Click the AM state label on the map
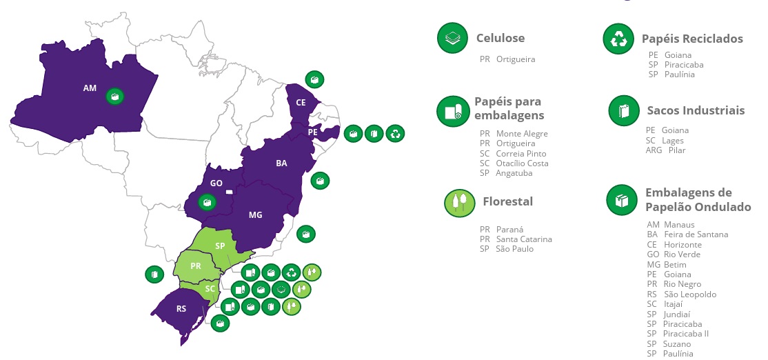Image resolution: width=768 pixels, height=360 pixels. point(90,88)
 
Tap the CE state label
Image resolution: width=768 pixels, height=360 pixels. point(301,102)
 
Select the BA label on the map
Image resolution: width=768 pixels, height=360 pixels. point(281,163)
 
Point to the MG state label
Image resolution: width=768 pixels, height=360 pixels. point(255,215)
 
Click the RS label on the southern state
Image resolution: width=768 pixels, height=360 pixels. point(181,308)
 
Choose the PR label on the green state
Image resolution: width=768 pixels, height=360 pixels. point(196,266)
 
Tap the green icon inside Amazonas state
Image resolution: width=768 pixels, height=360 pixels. point(116,97)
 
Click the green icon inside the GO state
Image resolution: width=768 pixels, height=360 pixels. point(206,203)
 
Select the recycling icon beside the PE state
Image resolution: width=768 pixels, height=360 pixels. point(395,133)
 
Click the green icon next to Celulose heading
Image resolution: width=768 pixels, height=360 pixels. point(453,38)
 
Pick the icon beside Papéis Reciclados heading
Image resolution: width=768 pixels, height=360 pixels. point(618,39)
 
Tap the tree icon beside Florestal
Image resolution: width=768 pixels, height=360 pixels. point(460,203)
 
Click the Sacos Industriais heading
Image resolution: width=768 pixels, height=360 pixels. point(696,110)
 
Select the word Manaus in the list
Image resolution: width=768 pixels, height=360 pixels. point(679,225)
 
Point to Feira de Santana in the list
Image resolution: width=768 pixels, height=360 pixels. point(696,234)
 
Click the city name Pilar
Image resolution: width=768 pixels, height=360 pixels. point(677,150)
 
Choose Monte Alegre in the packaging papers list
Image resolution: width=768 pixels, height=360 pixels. point(522,134)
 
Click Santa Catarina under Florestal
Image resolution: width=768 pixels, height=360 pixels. point(524,239)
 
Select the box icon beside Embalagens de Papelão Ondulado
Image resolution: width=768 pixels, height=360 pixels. point(622,200)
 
